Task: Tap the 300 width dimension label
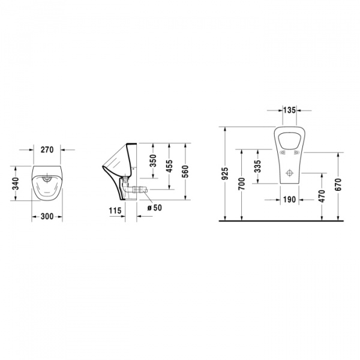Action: (x=47, y=217)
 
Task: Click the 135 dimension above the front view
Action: (x=289, y=110)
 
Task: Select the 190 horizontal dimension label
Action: (x=289, y=200)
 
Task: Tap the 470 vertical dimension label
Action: (x=322, y=196)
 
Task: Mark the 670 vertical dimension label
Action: (x=339, y=185)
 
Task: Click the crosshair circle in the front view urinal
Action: (x=289, y=173)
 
